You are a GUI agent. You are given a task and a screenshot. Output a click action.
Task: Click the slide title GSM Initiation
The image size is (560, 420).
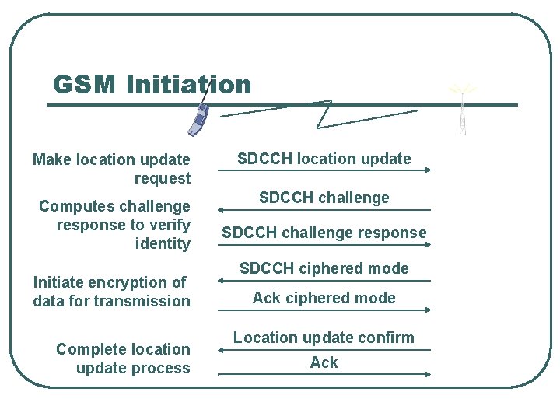(152, 84)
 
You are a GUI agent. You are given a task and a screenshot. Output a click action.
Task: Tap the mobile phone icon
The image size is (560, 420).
(198, 119)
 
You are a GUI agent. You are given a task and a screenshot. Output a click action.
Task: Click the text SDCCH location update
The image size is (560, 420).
(324, 159)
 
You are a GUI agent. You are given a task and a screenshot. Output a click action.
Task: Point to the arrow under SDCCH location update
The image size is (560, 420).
(324, 171)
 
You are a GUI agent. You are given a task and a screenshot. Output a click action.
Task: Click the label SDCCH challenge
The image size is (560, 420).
(324, 198)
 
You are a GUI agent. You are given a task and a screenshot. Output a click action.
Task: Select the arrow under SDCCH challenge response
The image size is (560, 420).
(324, 245)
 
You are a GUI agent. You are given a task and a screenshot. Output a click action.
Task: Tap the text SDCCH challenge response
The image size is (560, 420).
(324, 233)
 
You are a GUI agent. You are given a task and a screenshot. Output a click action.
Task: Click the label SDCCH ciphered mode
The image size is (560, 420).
(324, 268)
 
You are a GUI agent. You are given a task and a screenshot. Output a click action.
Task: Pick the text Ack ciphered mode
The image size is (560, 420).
(324, 298)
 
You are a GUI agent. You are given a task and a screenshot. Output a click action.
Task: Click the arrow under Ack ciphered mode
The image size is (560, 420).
(324, 310)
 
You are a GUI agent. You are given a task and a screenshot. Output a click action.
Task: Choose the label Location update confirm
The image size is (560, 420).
(324, 338)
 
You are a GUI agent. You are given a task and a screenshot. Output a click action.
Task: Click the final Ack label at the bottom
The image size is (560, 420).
(324, 362)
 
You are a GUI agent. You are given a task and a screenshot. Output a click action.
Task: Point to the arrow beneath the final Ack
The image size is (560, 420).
(324, 374)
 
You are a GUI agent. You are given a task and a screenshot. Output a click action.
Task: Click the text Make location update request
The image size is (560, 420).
(112, 169)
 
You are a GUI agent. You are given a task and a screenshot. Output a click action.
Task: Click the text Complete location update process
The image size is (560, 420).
(123, 359)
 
